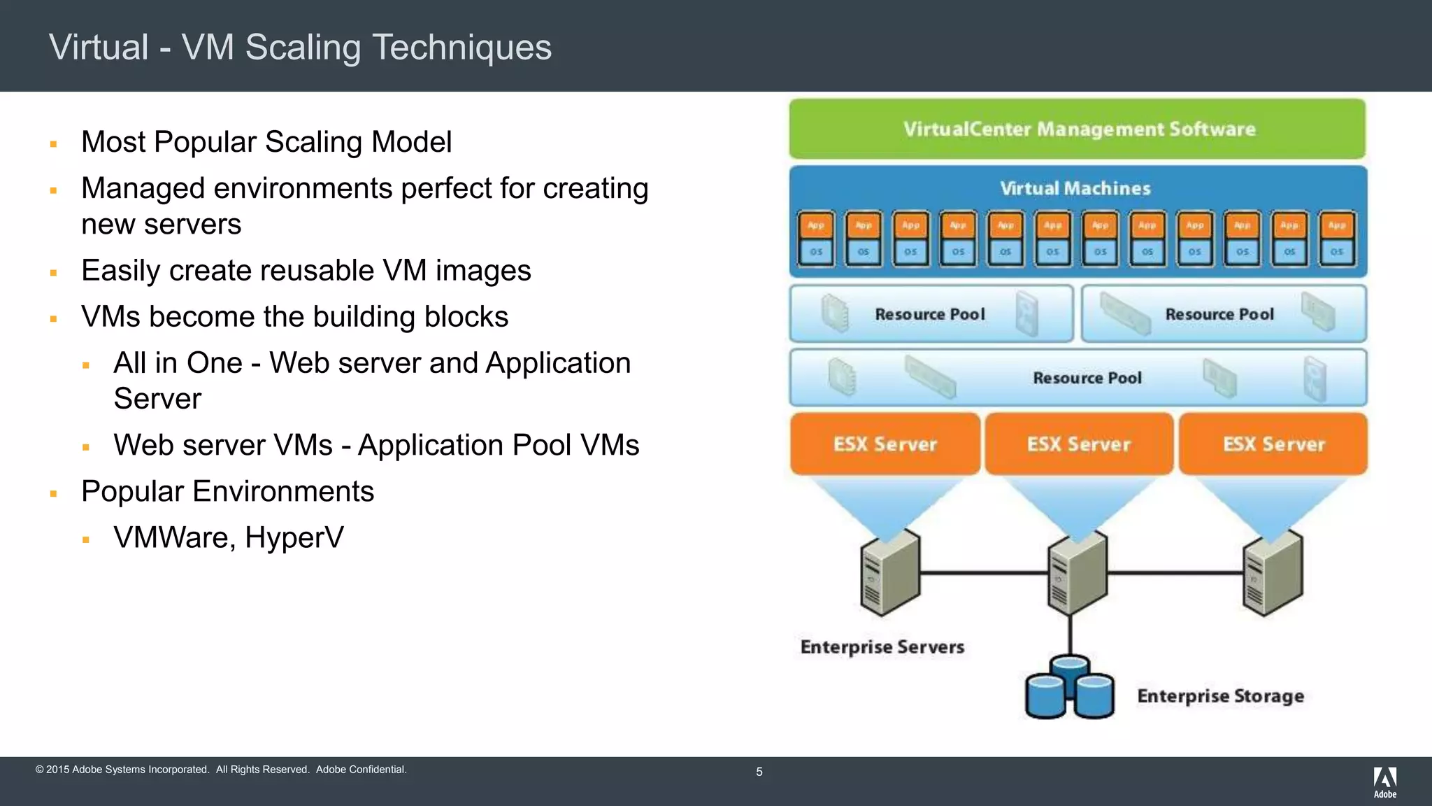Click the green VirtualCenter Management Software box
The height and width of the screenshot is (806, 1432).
click(x=1077, y=129)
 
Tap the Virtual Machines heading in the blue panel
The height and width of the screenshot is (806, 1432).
click(x=1075, y=188)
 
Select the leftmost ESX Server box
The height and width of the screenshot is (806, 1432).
click(x=885, y=444)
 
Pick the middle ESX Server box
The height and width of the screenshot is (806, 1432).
click(x=1079, y=444)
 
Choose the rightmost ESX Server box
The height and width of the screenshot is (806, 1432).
click(x=1273, y=444)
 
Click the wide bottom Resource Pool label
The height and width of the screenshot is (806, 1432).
click(x=1087, y=378)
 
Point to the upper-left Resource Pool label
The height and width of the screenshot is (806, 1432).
click(x=929, y=314)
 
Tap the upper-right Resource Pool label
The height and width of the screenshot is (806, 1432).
click(x=1219, y=314)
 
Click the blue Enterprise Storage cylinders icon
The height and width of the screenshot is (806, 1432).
click(x=1069, y=688)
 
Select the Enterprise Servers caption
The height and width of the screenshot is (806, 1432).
click(x=882, y=646)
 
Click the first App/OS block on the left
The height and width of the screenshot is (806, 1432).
click(x=816, y=239)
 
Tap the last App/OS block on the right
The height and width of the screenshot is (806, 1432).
click(x=1336, y=239)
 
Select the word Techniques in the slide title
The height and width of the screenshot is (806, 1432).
click(x=461, y=48)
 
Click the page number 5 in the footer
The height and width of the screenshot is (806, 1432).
click(x=759, y=772)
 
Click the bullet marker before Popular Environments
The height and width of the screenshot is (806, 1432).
click(x=53, y=493)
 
